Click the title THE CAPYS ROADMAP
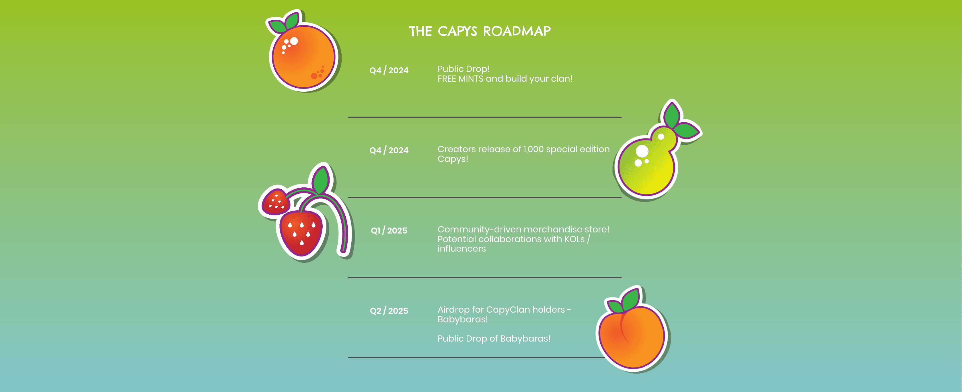(480, 31)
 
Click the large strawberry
(301, 234)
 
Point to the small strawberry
(276, 201)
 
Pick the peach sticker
(633, 330)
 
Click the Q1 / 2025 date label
(389, 230)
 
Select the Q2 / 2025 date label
(389, 311)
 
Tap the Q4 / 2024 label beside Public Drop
(389, 70)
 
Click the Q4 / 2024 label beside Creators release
(389, 150)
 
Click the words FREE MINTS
(460, 79)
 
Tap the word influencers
(461, 249)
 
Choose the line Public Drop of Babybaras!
(494, 339)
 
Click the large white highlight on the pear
(642, 151)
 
